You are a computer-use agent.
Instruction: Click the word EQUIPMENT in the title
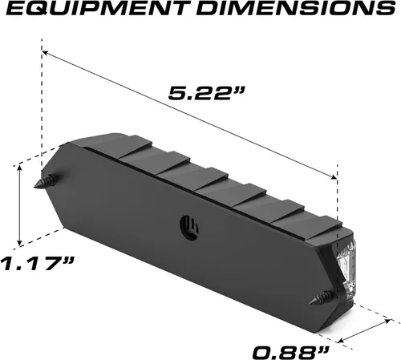tap(98, 9)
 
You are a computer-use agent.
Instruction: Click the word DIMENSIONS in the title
tap(296, 9)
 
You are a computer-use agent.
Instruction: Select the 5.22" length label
tap(206, 94)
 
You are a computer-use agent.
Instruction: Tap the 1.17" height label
tap(37, 263)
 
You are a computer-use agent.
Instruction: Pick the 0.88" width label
tap(290, 353)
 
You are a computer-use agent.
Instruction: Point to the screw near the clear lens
tap(322, 298)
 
